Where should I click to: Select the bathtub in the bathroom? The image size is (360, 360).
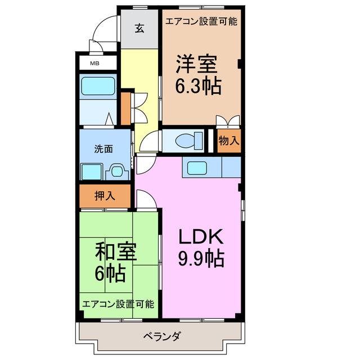tap(98, 86)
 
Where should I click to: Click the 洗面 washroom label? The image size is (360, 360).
tap(103, 149)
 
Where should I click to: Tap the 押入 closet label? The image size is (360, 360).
tap(105, 196)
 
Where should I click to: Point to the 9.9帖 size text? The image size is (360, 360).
tap(201, 259)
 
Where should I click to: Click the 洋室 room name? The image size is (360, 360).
tap(196, 64)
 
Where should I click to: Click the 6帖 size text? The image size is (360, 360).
tap(110, 274)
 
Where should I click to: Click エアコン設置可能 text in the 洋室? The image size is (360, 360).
tap(201, 22)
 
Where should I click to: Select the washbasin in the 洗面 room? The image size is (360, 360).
tap(117, 171)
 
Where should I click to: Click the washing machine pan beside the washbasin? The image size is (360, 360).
tap(91, 171)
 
